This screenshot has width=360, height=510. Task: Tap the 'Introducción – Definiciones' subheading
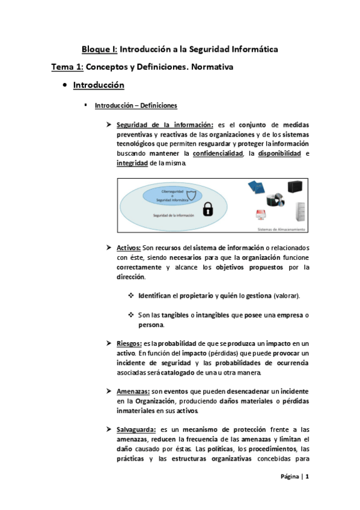click(136, 106)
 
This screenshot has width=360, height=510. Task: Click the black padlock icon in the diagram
click(208, 209)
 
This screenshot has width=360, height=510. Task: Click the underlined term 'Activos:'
click(129, 248)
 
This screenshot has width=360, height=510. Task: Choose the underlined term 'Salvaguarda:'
click(137, 429)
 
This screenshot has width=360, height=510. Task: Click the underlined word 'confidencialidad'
click(223, 154)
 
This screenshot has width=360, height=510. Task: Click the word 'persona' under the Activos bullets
click(151, 325)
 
